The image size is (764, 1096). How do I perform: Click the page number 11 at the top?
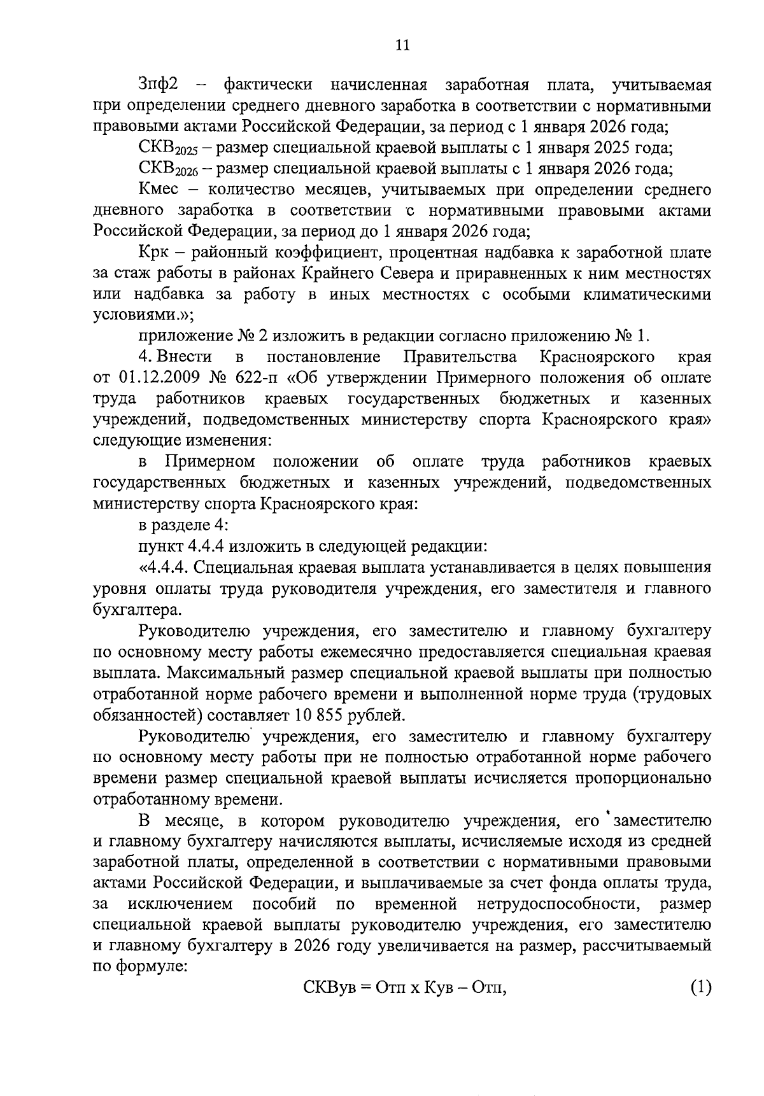click(402, 45)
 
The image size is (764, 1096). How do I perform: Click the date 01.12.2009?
click(159, 378)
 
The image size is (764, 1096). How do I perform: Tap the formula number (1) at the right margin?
click(700, 988)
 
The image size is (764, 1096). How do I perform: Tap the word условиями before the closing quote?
click(132, 316)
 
